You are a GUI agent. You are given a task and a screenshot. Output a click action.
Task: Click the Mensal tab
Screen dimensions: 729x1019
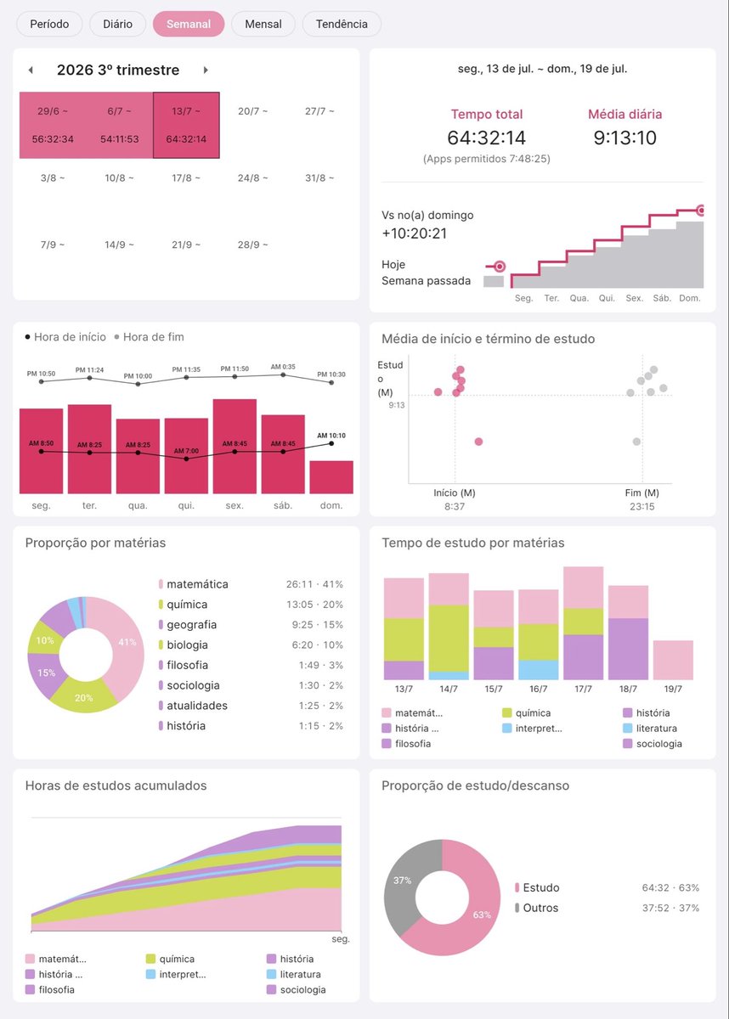tap(263, 24)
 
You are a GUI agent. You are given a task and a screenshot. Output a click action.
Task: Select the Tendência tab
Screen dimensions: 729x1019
tap(342, 24)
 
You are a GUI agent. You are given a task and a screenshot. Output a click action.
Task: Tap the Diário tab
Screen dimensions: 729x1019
tap(117, 24)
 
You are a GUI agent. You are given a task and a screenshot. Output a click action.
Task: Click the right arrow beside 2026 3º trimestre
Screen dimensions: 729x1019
tap(206, 70)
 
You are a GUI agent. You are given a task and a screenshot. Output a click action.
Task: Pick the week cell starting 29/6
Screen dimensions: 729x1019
tap(53, 125)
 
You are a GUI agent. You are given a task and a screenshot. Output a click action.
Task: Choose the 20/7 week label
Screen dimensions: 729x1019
tap(252, 111)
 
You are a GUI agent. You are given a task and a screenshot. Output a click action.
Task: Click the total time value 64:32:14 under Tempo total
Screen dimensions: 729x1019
tap(487, 138)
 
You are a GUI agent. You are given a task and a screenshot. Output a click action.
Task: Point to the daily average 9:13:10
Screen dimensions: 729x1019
tap(624, 138)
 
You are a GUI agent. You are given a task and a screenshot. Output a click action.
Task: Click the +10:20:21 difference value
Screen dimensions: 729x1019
tap(414, 234)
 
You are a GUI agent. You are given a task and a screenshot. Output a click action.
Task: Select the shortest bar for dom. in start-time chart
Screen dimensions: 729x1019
tap(331, 477)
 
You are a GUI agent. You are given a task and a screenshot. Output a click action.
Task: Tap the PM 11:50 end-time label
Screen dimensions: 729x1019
tap(235, 369)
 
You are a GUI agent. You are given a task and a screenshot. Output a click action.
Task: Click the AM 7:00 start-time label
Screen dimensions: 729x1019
tap(186, 451)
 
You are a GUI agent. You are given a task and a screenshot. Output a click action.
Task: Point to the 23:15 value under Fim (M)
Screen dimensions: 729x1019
tap(642, 506)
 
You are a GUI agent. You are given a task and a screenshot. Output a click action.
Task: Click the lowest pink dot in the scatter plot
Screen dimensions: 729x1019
tap(478, 442)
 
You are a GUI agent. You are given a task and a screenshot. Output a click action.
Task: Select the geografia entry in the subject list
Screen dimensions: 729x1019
tap(191, 625)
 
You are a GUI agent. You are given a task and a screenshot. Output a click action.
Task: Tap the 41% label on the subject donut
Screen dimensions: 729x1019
tap(127, 642)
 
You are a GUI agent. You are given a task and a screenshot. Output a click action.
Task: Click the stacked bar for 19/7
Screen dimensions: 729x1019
tap(673, 660)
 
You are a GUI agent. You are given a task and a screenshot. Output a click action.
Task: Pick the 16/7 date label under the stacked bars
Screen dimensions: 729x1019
tap(539, 689)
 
